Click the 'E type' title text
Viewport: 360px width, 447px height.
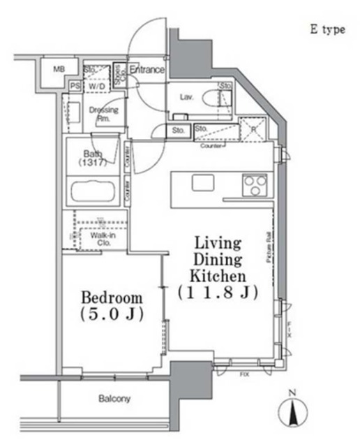[x=327, y=31]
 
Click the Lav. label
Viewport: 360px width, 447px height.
[x=187, y=98]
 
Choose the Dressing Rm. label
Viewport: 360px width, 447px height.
[x=103, y=114]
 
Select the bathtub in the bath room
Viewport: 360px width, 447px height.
[x=96, y=190]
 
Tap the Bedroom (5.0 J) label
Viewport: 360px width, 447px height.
[x=111, y=305]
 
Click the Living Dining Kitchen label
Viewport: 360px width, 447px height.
[x=217, y=268]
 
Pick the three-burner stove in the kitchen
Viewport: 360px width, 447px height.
[x=254, y=185]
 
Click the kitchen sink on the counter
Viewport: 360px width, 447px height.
[x=203, y=183]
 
